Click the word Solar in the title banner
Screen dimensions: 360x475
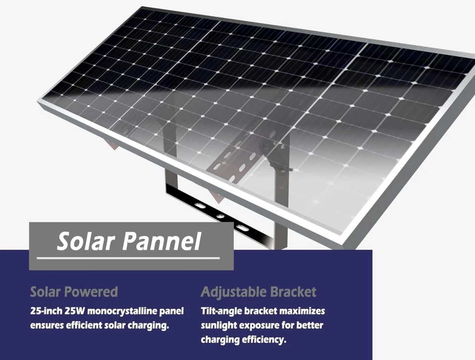tap(85, 241)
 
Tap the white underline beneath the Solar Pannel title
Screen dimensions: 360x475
tap(128, 258)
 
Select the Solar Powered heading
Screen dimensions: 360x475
tap(74, 292)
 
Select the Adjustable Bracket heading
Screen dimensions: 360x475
tap(258, 292)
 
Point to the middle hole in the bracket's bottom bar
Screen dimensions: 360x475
tap(219, 216)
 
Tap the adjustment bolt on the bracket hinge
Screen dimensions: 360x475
tap(284, 169)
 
